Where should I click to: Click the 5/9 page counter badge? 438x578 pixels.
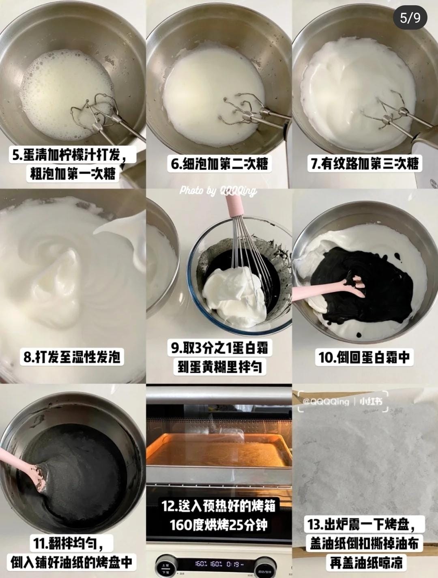click(x=410, y=17)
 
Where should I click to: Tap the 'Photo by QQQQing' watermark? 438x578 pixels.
click(x=218, y=191)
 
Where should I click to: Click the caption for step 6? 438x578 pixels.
click(x=219, y=163)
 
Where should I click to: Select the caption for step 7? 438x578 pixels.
click(x=365, y=163)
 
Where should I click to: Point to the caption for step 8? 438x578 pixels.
click(x=72, y=357)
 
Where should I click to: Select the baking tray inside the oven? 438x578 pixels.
click(x=219, y=450)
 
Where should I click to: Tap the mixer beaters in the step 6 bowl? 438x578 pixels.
click(x=243, y=112)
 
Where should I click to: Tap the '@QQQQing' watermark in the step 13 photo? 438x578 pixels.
click(x=326, y=402)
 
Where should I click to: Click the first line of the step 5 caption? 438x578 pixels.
click(x=72, y=155)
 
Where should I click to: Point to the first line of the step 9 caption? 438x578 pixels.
click(x=219, y=348)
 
